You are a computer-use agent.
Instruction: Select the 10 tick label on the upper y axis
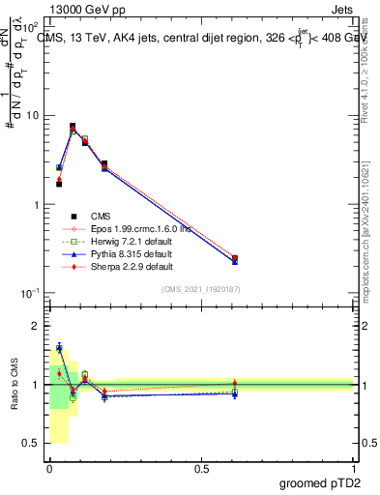point(31,116)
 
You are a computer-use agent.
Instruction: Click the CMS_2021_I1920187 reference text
point(201,288)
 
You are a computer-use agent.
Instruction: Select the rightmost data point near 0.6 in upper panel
point(235,259)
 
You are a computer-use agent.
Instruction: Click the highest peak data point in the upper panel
point(73,127)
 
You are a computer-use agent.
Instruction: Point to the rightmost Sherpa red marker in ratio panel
point(235,383)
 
